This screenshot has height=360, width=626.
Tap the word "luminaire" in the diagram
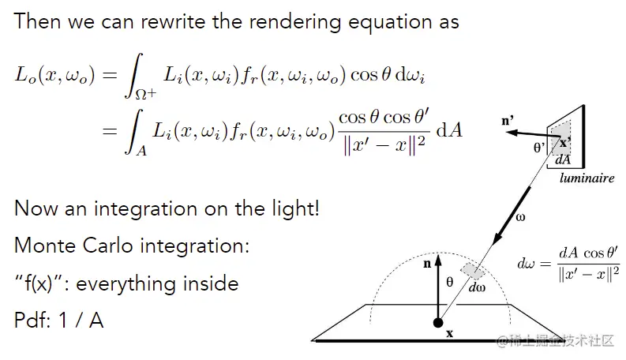587,178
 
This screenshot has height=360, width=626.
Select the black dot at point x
438,321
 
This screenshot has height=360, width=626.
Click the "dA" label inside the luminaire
563,159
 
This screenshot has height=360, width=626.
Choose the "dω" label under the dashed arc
477,288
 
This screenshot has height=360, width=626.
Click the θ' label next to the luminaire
540,146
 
